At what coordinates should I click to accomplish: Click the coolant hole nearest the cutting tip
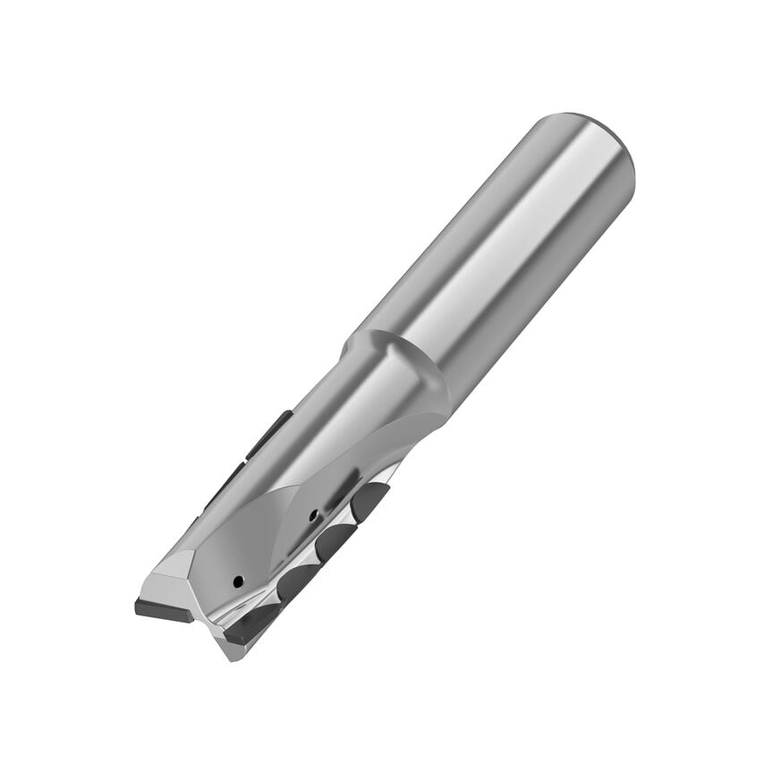(x=237, y=581)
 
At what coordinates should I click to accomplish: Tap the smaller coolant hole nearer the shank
(x=311, y=514)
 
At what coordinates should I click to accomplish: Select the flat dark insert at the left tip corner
(x=164, y=609)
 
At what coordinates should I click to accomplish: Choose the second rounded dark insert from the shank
(x=333, y=540)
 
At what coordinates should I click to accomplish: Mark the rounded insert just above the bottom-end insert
(x=295, y=581)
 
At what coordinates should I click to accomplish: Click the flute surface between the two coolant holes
(x=273, y=546)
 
